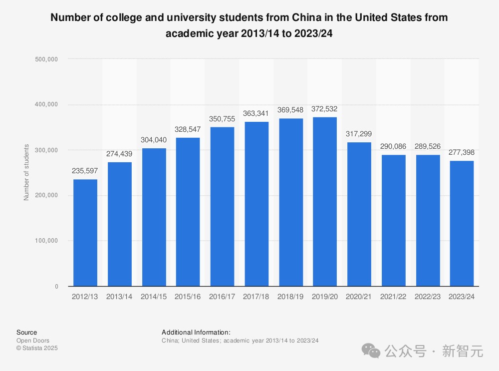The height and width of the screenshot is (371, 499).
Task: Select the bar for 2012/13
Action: coord(85,233)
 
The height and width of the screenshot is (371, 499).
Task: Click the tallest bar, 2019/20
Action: coord(324,202)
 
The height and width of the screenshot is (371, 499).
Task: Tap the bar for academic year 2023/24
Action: coord(461,223)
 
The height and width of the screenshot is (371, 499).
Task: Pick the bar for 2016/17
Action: coord(222,207)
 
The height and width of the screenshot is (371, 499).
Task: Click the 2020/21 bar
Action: coord(359,214)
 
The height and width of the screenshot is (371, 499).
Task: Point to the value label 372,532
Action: coord(324,109)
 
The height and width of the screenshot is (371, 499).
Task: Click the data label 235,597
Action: coord(85,171)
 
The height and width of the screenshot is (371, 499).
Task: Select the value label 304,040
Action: coord(154,140)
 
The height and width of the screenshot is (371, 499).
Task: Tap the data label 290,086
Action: coord(393,147)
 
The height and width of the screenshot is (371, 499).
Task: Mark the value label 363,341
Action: coord(256,113)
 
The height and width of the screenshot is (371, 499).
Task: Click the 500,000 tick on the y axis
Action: coord(47,59)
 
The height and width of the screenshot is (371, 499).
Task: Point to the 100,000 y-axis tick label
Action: coord(47,241)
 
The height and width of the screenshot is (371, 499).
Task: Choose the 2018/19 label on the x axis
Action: coord(290,297)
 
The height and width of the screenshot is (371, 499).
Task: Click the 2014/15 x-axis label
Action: coord(154,297)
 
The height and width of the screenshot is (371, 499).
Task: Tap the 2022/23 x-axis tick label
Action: coord(427,297)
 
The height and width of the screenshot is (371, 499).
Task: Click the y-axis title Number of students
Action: coord(26,172)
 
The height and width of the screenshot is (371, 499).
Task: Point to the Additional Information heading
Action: coord(196,332)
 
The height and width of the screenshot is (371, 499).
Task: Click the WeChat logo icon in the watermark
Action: coord(371,351)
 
